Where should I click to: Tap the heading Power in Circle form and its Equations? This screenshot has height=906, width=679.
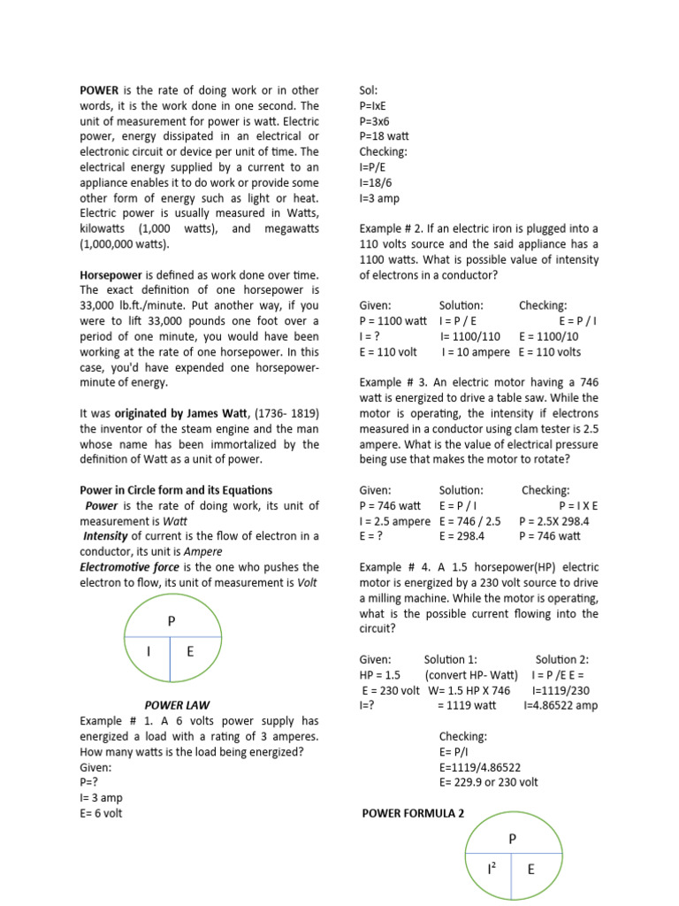point(176,490)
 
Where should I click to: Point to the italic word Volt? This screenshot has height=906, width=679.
point(307,582)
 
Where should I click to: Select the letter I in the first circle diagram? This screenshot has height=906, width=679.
point(149,652)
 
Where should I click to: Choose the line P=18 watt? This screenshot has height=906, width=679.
point(385,136)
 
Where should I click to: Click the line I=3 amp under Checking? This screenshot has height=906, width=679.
point(380,198)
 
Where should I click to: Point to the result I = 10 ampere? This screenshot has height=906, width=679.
point(476,352)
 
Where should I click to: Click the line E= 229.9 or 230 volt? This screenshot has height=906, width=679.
point(488,782)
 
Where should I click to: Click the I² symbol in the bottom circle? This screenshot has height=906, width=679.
point(491,870)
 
